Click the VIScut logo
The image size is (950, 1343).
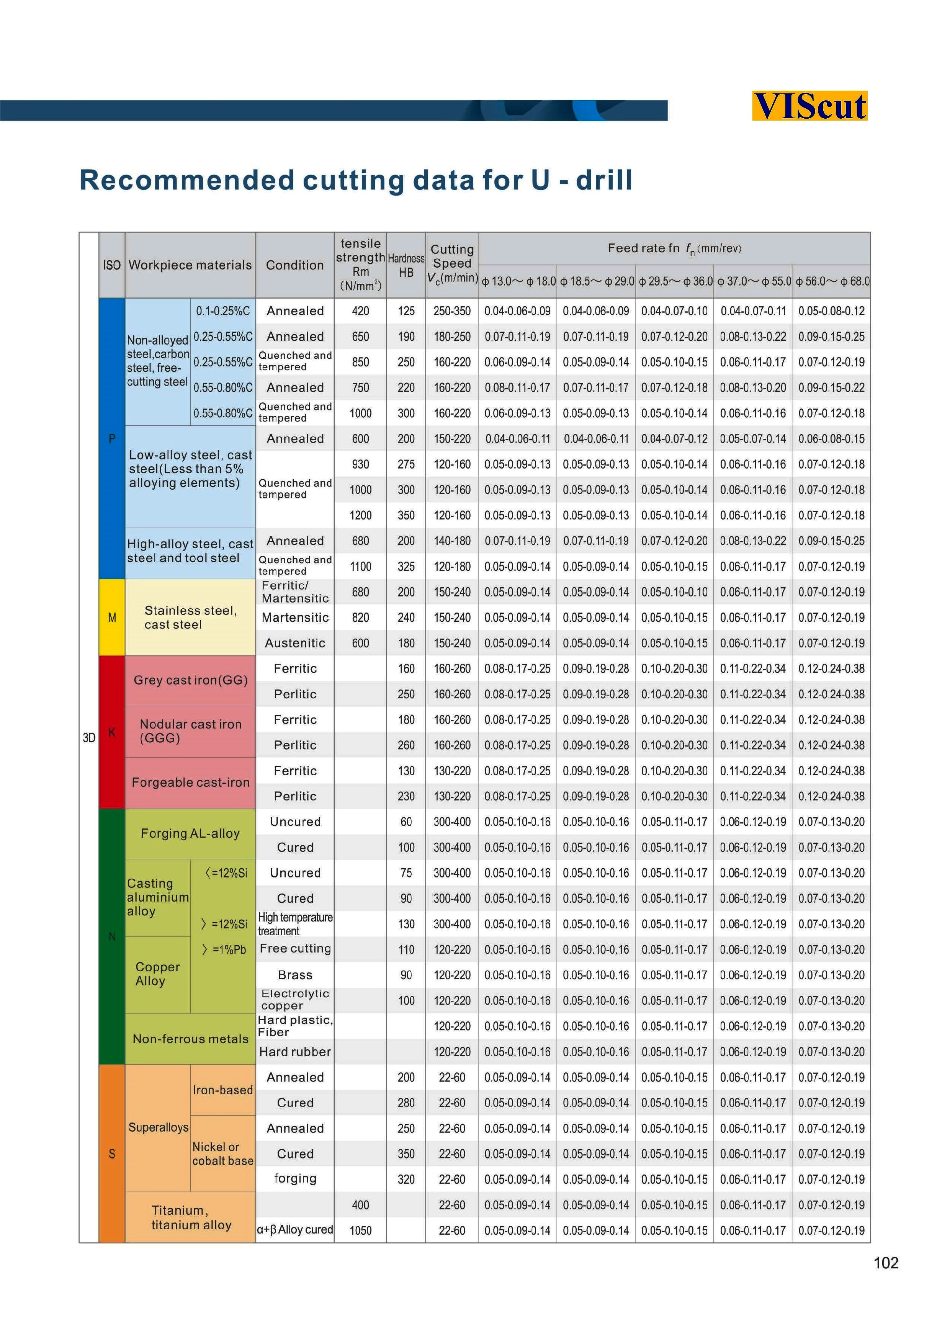(809, 106)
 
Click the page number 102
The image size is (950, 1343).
(886, 1263)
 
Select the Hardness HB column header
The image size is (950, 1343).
(406, 265)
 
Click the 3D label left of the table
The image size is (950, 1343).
(89, 738)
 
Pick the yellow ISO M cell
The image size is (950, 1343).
(112, 617)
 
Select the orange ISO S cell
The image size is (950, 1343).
(112, 1153)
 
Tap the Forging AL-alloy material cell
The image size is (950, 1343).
(190, 833)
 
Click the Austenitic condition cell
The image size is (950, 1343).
(295, 643)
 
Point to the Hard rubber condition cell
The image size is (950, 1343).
(295, 1052)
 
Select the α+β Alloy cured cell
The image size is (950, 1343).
(295, 1230)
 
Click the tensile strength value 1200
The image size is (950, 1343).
(360, 515)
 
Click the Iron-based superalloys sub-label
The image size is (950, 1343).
(223, 1090)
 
